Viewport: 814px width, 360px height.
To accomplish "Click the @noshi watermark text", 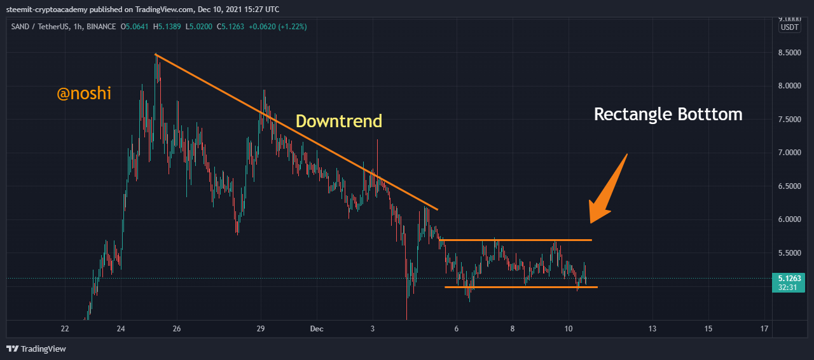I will point(84,94).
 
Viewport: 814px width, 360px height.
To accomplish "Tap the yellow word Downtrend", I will point(339,121).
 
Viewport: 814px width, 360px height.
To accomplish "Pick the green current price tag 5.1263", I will point(789,278).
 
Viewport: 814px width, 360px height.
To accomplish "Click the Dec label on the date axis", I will point(317,329).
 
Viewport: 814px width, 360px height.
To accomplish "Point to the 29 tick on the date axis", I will point(261,329).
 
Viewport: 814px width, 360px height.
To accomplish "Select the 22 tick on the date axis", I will point(65,329).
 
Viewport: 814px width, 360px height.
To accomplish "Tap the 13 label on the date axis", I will point(652,329).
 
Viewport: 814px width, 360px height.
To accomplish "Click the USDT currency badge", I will point(789,27).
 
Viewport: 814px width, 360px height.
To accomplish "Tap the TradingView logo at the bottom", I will point(36,349).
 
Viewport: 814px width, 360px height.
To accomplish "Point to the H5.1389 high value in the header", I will point(170,27).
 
